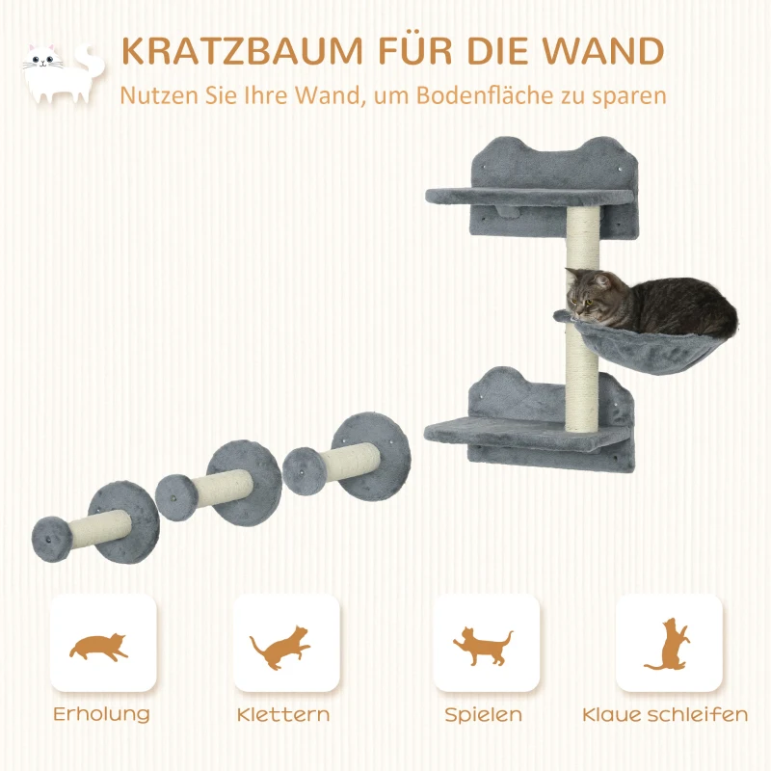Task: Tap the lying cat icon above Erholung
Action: tap(98, 646)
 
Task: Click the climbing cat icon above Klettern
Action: tap(280, 647)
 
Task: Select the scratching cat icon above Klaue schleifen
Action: tap(668, 644)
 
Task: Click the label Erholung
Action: tap(101, 714)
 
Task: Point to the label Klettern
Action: tap(283, 714)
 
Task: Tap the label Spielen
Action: tap(484, 715)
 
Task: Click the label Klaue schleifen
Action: tap(665, 714)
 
